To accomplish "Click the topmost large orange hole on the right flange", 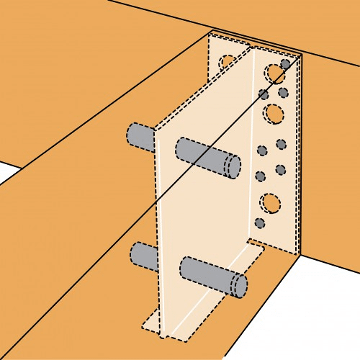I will (x=274, y=73).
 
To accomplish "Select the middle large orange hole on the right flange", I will (x=274, y=113).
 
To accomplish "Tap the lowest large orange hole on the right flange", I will (x=270, y=202).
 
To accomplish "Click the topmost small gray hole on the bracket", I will (x=286, y=64).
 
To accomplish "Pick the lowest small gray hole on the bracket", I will (x=261, y=224).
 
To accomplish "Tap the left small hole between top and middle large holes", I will (x=264, y=94).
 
